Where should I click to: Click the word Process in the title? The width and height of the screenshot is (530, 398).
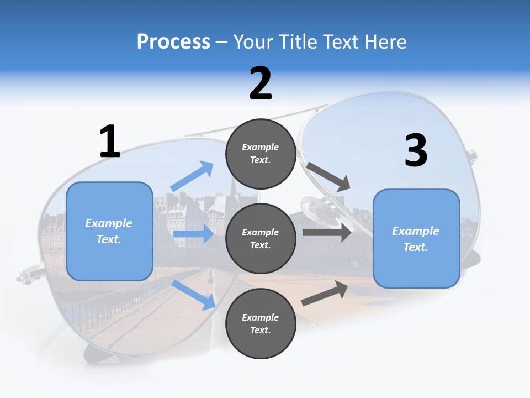(x=173, y=42)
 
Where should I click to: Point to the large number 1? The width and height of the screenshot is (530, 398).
(x=110, y=142)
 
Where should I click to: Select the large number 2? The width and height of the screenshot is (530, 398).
(x=261, y=83)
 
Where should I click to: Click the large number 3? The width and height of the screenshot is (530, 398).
(x=416, y=150)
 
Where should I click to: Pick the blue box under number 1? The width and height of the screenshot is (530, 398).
(x=109, y=231)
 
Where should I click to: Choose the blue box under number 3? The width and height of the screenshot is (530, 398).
(x=416, y=239)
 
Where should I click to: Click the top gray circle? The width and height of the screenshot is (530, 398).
(x=261, y=154)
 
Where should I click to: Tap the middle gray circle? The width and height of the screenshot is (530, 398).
(x=261, y=238)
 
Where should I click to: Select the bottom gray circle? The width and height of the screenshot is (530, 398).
(x=261, y=323)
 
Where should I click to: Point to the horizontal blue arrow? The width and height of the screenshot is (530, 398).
(x=193, y=234)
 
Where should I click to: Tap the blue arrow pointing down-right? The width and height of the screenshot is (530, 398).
(x=194, y=295)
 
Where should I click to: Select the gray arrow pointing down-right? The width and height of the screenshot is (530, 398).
(x=328, y=176)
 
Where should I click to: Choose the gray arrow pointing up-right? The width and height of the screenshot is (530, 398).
(x=325, y=294)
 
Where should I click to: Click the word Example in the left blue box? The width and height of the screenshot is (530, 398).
(x=109, y=223)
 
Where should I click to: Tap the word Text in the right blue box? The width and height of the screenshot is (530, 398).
(x=415, y=247)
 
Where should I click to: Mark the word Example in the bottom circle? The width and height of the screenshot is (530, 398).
(x=261, y=317)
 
